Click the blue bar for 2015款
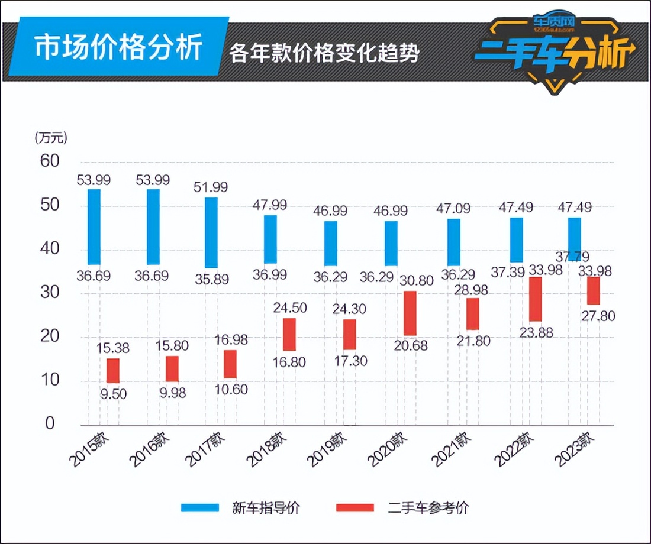(x=94, y=227)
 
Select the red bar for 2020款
(x=410, y=313)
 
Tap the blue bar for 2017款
(x=211, y=232)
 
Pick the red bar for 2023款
(x=594, y=290)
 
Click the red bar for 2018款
(x=289, y=335)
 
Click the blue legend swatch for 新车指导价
(x=200, y=507)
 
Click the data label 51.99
(x=211, y=187)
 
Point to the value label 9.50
(x=112, y=393)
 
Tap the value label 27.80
(x=598, y=316)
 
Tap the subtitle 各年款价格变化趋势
(x=324, y=53)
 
